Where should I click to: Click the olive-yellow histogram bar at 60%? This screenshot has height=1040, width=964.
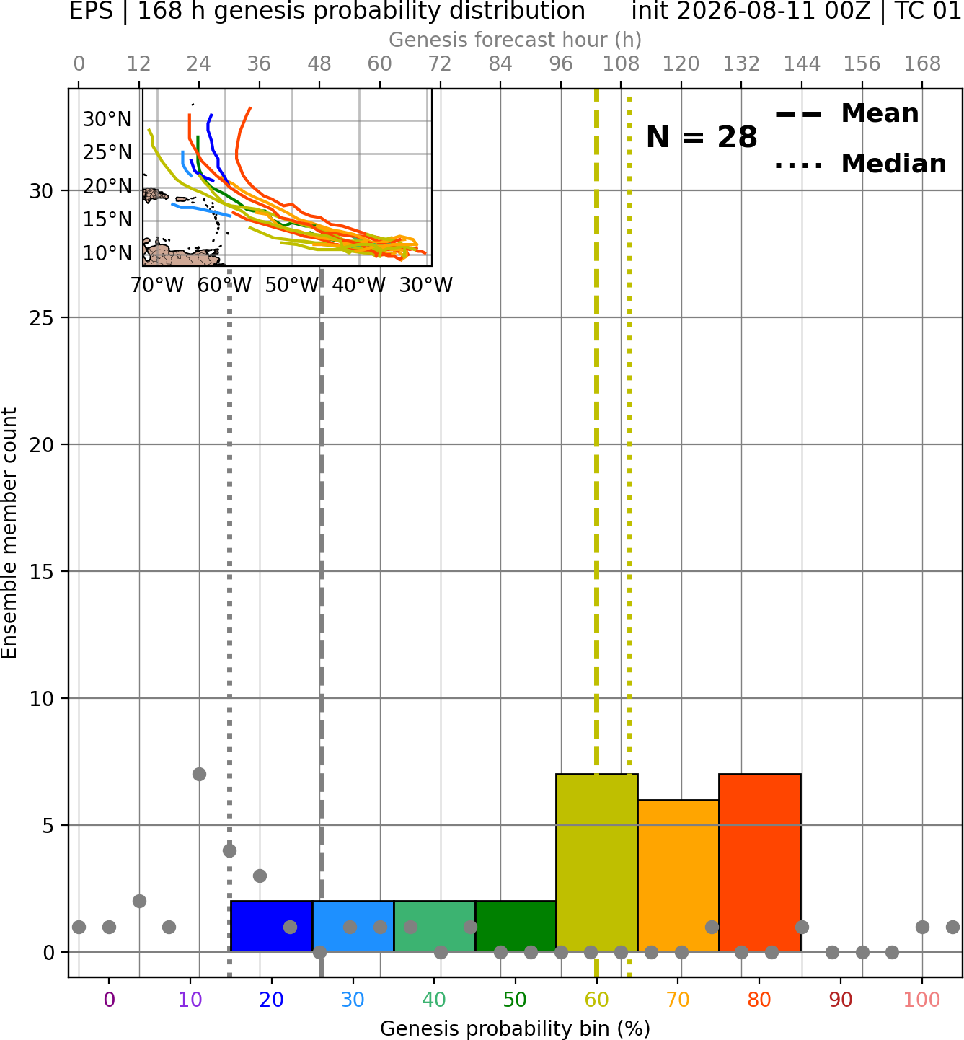pos(596,863)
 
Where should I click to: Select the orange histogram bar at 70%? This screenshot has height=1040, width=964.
pos(678,876)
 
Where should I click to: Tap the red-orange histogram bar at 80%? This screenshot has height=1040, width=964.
pos(760,863)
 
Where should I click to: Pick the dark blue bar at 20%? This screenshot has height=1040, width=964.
pos(271,926)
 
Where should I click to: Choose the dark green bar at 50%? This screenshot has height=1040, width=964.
pos(516,926)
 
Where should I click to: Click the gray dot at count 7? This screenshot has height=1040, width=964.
pos(199,774)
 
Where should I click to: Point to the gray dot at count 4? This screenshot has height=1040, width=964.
pos(229,850)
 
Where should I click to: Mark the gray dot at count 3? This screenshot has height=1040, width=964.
pos(260,876)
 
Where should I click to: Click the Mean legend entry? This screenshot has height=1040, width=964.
pos(846,114)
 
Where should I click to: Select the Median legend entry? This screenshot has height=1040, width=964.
pos(861,164)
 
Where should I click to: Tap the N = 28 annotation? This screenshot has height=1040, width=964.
pos(702,137)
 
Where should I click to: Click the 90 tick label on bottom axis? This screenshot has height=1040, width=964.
pos(841,1000)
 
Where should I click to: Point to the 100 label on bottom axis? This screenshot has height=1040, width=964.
pos(922,1000)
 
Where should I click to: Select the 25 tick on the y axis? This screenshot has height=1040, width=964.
pos(41,318)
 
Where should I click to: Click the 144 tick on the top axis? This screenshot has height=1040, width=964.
pos(802,64)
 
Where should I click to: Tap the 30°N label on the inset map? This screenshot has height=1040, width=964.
pos(107,120)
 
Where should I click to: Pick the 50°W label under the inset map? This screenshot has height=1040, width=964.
pos(292,286)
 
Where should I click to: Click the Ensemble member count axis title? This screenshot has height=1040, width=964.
pos(9,533)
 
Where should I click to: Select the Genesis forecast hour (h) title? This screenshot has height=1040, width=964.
pos(516,40)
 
